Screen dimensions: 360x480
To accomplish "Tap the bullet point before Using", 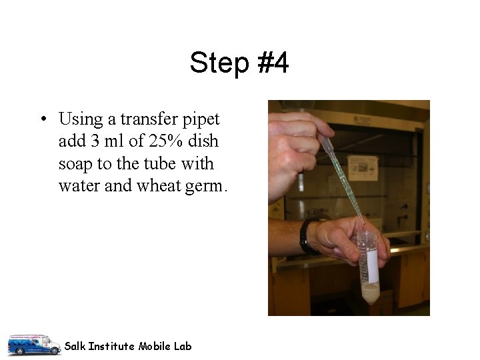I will pos(43,120).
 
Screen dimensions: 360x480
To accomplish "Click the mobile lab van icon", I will pos(33,344).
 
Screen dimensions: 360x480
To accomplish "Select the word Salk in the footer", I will pos(75,346).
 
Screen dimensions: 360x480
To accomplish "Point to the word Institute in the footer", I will pos(112,346).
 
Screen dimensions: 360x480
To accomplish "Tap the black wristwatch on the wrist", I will pos(306,237).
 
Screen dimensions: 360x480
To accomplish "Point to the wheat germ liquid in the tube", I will pos(368,292).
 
